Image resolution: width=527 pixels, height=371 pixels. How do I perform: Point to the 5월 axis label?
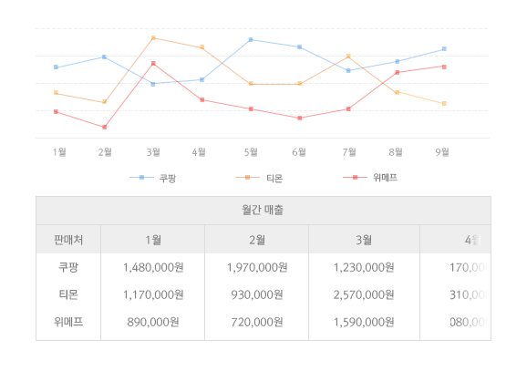click(x=250, y=152)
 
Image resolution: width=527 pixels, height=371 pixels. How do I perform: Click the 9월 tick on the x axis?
click(x=442, y=152)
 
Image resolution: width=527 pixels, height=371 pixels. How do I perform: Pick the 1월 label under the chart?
click(x=59, y=152)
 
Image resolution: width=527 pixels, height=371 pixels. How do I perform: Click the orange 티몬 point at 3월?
click(x=153, y=38)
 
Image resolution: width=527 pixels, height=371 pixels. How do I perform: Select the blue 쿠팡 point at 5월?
click(x=251, y=40)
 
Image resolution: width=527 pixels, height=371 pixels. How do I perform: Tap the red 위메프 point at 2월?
click(x=105, y=127)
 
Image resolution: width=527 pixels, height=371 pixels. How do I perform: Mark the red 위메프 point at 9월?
click(x=444, y=67)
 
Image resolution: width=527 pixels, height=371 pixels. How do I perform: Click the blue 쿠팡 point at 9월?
click(x=444, y=49)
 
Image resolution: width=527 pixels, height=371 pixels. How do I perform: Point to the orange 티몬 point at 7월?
click(x=348, y=57)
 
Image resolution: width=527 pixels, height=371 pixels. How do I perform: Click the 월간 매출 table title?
click(x=263, y=211)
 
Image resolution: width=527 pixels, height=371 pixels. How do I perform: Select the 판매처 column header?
click(x=68, y=240)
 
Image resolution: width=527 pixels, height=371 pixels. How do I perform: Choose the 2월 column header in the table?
click(x=257, y=240)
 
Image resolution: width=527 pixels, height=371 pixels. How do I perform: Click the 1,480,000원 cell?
click(x=153, y=268)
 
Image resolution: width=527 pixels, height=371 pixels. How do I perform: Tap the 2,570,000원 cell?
click(x=363, y=294)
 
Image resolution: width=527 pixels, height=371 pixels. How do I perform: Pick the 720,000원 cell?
click(x=257, y=322)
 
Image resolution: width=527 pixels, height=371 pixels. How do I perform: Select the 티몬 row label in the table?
click(x=68, y=294)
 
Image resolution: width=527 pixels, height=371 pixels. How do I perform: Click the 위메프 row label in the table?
click(x=68, y=322)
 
